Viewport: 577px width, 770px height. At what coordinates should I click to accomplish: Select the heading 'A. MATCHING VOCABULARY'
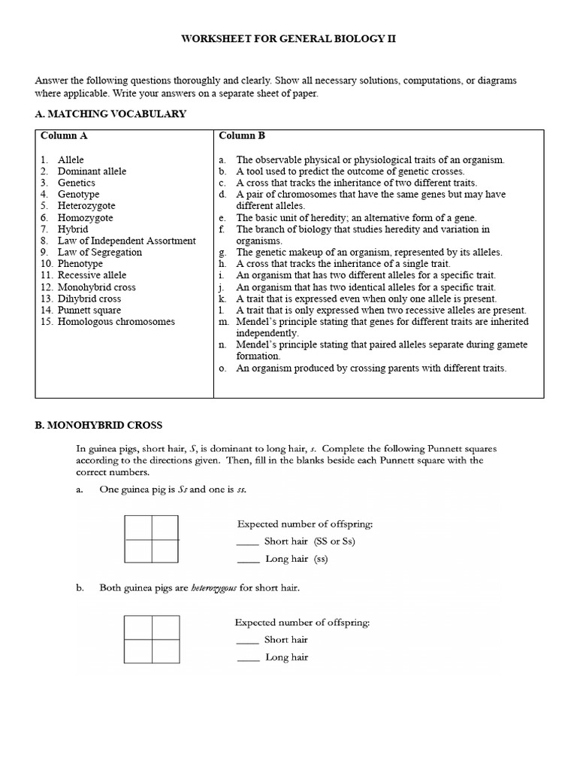tap(110, 114)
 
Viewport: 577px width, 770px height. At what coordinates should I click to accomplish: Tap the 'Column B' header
tap(242, 136)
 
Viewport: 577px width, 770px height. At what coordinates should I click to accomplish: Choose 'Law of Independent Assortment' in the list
tap(126, 241)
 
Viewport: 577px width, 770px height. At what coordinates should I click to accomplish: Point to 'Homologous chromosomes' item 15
tap(116, 321)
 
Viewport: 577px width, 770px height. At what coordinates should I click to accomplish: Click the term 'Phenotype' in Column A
tap(80, 264)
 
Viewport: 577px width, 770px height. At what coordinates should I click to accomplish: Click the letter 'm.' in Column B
tap(223, 321)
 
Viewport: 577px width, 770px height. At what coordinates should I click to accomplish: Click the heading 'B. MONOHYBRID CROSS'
tap(98, 426)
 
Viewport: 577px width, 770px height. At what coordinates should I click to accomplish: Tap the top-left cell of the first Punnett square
tap(139, 528)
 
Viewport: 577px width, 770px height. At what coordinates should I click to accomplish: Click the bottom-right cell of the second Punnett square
tap(165, 651)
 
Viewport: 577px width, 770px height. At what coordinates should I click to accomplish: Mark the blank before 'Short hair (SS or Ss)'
tap(246, 541)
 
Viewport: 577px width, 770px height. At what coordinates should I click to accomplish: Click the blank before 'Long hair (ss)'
tap(246, 559)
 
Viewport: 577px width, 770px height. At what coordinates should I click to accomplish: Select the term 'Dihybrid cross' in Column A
tap(89, 299)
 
